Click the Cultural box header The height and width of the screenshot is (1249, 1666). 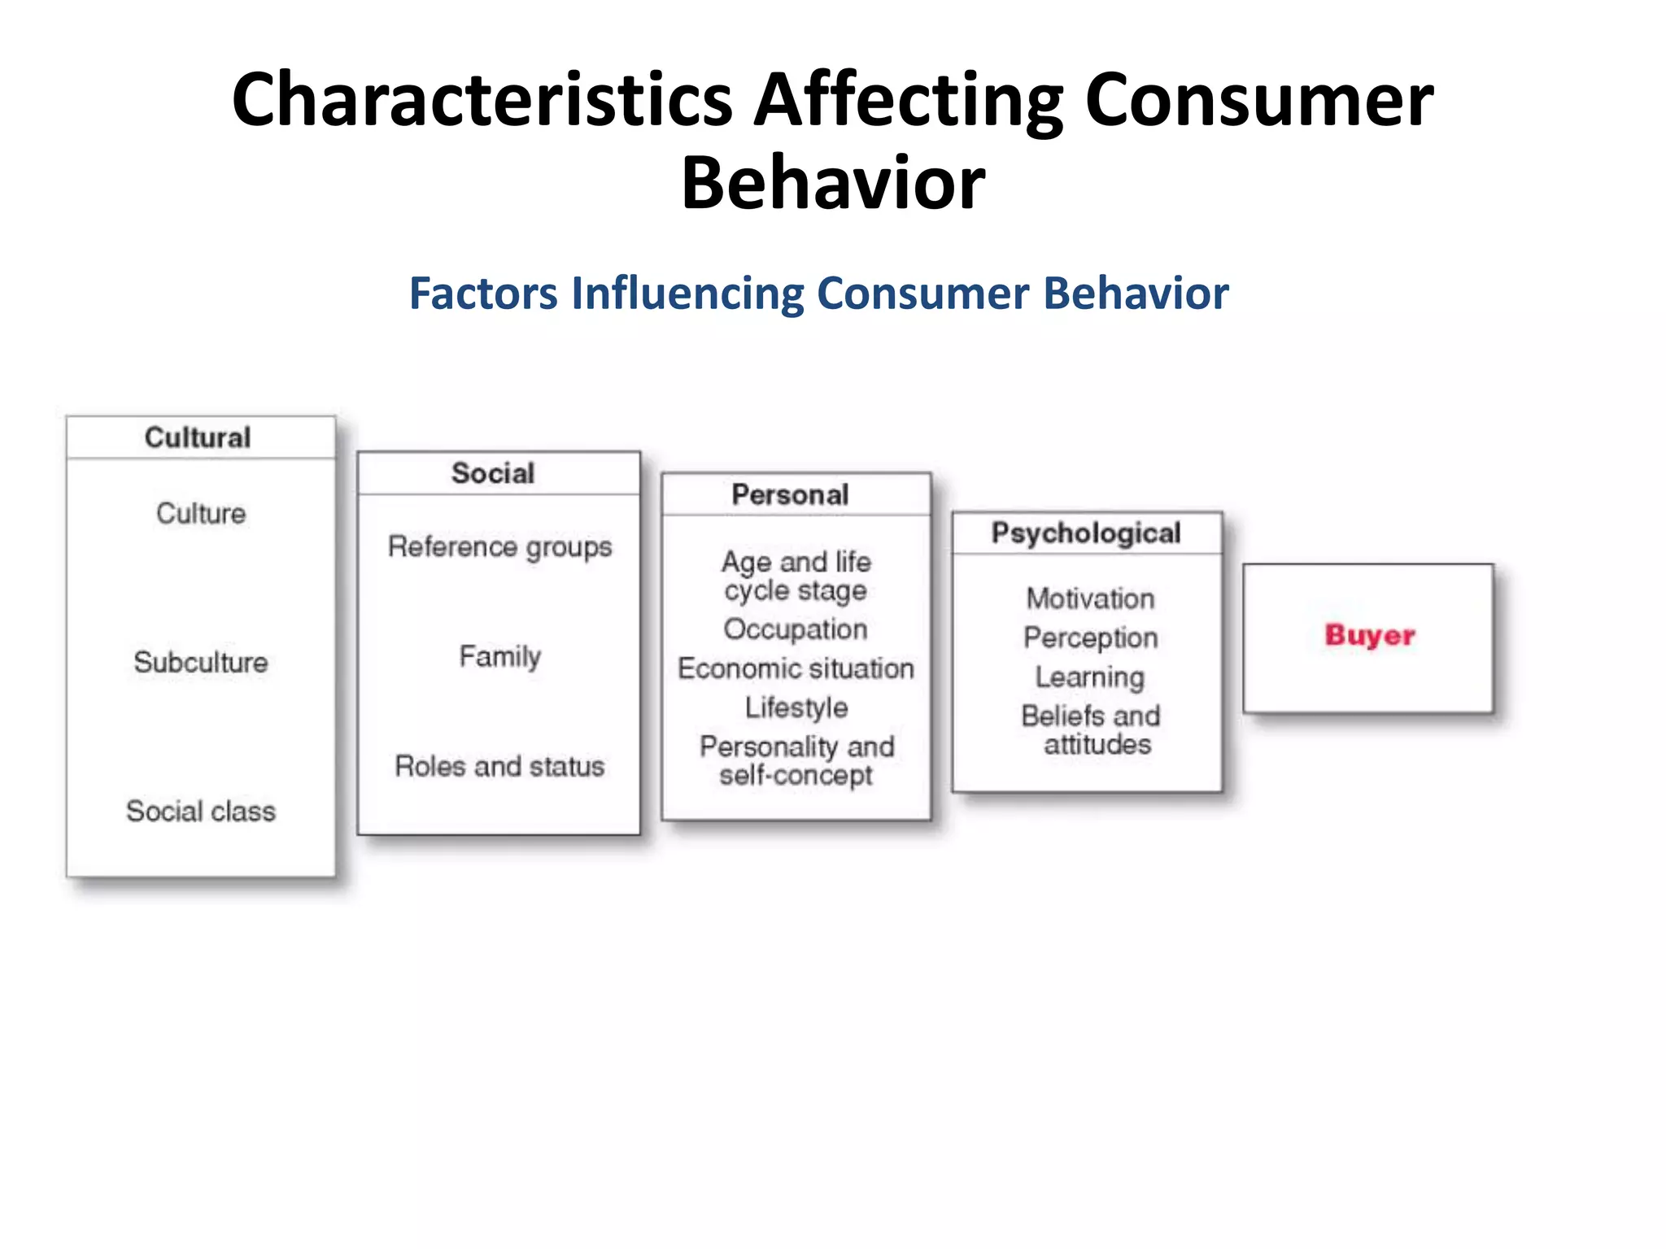198,437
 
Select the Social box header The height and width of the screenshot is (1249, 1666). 493,473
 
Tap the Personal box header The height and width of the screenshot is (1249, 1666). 790,494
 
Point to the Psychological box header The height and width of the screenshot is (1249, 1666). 1086,533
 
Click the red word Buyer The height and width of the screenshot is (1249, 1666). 1370,635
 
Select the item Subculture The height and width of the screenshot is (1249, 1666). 201,662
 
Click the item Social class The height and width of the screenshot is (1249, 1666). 201,811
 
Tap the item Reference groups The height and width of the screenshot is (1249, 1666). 499,547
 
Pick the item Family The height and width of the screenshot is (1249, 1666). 499,656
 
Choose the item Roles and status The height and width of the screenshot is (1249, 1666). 499,766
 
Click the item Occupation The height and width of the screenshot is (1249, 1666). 796,629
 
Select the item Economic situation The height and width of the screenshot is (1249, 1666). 796,668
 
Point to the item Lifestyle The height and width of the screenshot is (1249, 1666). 796,707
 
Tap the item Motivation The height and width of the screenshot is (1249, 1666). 1090,598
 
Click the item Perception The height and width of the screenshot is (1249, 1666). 1090,638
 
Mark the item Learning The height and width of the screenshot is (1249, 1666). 1090,677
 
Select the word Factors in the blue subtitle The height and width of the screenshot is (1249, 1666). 483,293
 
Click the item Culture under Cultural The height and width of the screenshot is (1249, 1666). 201,513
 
